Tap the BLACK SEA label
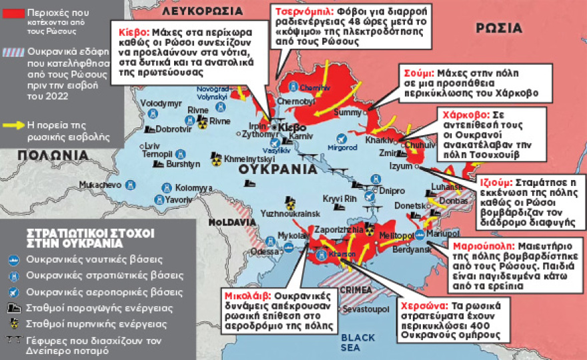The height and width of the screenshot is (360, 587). pyautogui.click(x=363, y=342)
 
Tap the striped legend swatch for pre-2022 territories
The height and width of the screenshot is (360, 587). pyautogui.click(x=13, y=52)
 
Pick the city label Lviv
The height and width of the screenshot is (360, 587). pyautogui.click(x=153, y=145)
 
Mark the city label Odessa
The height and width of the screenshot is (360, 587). pyautogui.click(x=265, y=251)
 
